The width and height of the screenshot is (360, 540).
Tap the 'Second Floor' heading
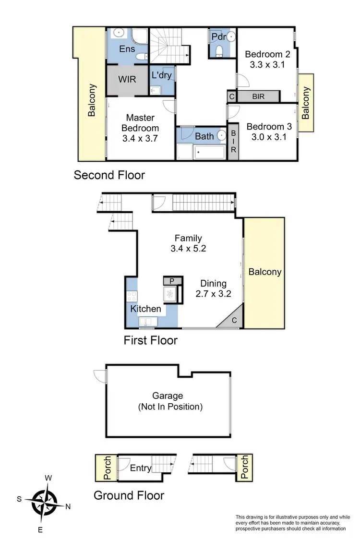point(109,175)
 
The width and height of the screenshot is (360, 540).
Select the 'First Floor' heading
point(150,340)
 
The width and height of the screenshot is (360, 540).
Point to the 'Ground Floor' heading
point(129,495)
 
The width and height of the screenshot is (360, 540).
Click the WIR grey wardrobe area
point(127,79)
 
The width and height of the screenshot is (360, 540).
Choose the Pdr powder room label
point(216,36)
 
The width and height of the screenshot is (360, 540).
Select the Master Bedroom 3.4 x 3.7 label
point(140,127)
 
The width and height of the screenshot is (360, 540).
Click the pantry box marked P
point(170,280)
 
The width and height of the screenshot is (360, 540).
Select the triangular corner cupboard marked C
point(231,321)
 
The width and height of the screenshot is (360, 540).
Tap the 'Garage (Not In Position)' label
point(168,401)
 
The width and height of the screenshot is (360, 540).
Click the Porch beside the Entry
point(102,468)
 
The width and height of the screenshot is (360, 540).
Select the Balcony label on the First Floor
point(264,272)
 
